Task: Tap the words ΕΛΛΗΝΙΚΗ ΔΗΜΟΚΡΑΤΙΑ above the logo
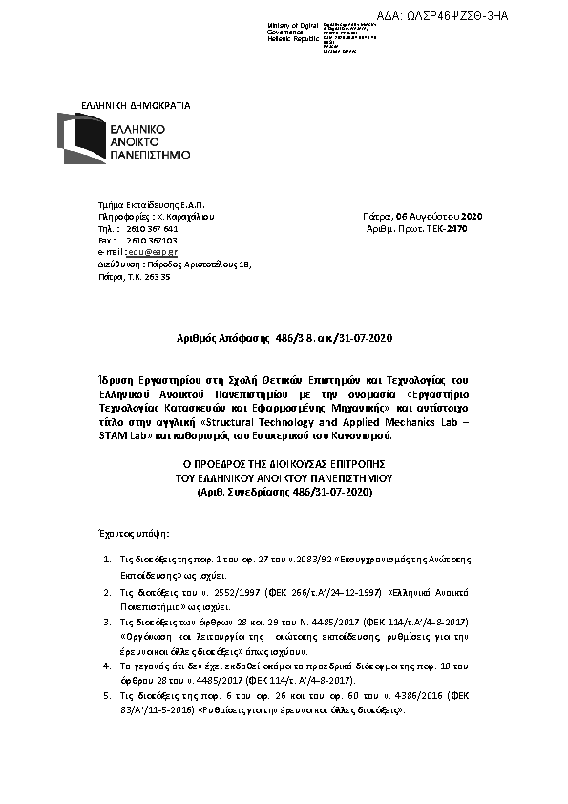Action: click(x=148, y=104)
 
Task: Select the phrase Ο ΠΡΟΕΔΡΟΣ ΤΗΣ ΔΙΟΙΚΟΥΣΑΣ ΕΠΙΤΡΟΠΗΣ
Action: click(x=284, y=463)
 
